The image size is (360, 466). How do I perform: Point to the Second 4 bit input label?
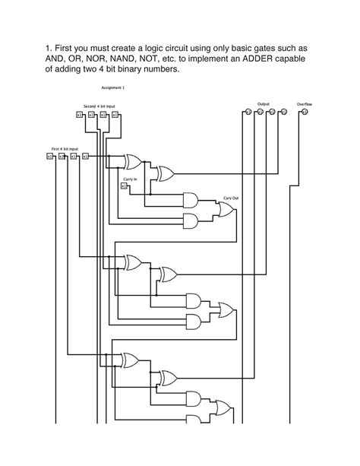[x=99, y=106]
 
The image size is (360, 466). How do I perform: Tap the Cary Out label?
[x=230, y=198]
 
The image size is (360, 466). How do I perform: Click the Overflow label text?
[x=304, y=103]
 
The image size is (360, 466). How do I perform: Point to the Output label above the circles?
[x=264, y=103]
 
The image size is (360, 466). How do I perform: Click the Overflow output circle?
[x=305, y=113]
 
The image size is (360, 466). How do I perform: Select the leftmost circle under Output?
[x=247, y=113]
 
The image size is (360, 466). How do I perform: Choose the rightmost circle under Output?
[x=283, y=113]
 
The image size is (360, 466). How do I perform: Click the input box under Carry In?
[x=125, y=189]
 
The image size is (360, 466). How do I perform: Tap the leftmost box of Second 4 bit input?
[x=79, y=115]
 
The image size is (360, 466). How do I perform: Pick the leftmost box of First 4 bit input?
[x=49, y=157]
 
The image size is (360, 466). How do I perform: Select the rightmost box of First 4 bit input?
[x=85, y=157]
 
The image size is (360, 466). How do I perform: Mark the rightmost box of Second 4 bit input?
[x=115, y=115]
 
